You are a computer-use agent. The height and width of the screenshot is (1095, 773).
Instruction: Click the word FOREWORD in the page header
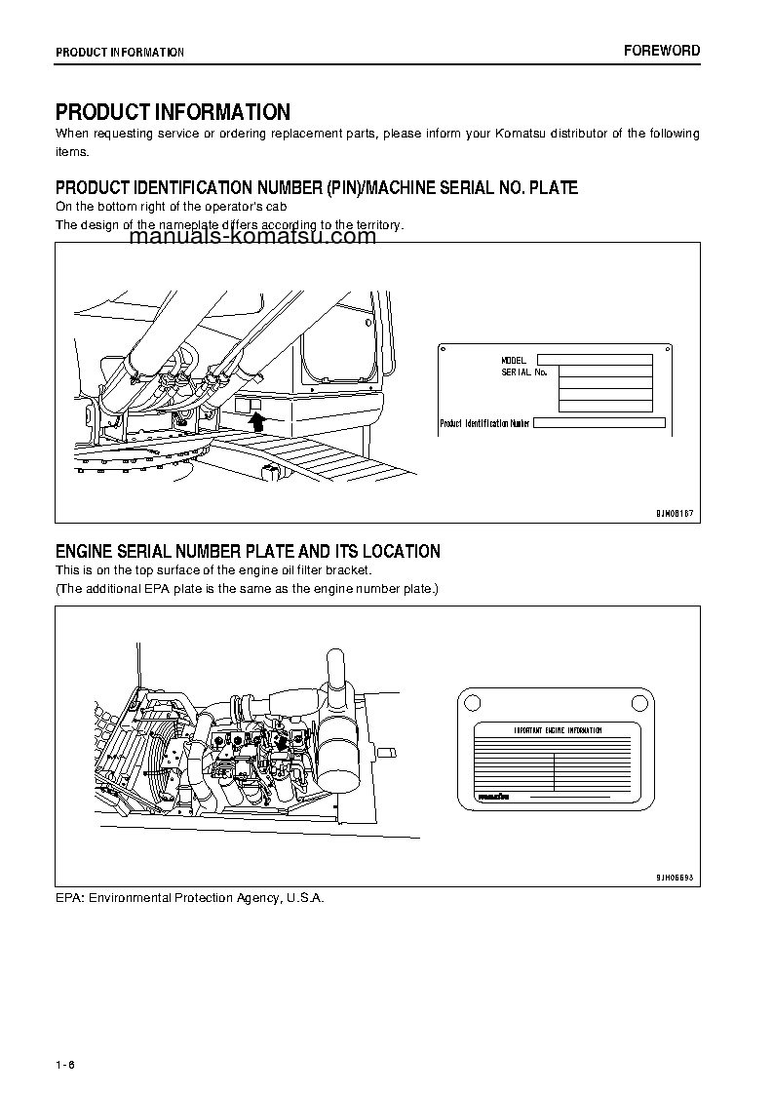tap(661, 51)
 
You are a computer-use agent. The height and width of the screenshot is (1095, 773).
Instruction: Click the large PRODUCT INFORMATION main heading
tap(173, 112)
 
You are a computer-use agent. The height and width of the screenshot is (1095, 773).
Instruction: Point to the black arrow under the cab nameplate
tap(257, 420)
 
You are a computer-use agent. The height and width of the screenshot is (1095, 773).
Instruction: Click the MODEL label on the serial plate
tap(514, 361)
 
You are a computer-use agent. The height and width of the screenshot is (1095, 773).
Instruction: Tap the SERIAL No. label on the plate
tap(524, 372)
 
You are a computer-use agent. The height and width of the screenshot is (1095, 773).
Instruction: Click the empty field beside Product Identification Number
tap(599, 423)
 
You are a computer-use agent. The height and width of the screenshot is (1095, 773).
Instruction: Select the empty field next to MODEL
tap(595, 360)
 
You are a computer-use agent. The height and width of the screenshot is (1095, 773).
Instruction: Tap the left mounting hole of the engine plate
tap(471, 700)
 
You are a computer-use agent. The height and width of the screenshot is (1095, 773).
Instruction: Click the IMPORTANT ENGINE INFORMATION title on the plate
tap(557, 730)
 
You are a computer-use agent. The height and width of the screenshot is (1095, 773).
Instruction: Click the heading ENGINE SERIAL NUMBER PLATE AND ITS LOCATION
tap(248, 551)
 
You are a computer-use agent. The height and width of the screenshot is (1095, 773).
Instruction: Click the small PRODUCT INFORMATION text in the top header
tap(119, 52)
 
